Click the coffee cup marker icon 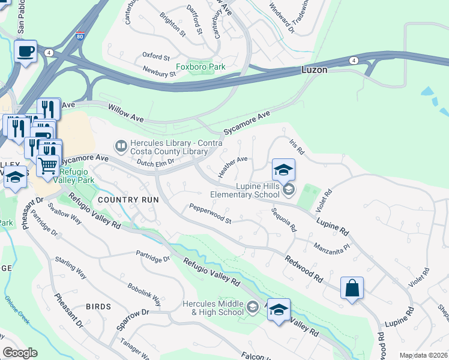(x=25, y=52)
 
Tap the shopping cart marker (x=47, y=165)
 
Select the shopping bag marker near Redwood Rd (x=352, y=288)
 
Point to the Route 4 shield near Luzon (x=354, y=61)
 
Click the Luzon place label (x=314, y=70)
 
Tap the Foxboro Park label (x=200, y=67)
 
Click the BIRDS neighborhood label (x=98, y=307)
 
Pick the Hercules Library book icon (x=121, y=146)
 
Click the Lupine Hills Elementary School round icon (x=289, y=190)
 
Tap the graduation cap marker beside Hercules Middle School (x=279, y=310)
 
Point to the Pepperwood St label (x=210, y=213)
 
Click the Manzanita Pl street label (x=331, y=249)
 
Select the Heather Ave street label (x=233, y=167)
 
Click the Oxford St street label (x=156, y=56)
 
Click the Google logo (x=20, y=353)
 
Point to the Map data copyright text (x=423, y=355)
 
